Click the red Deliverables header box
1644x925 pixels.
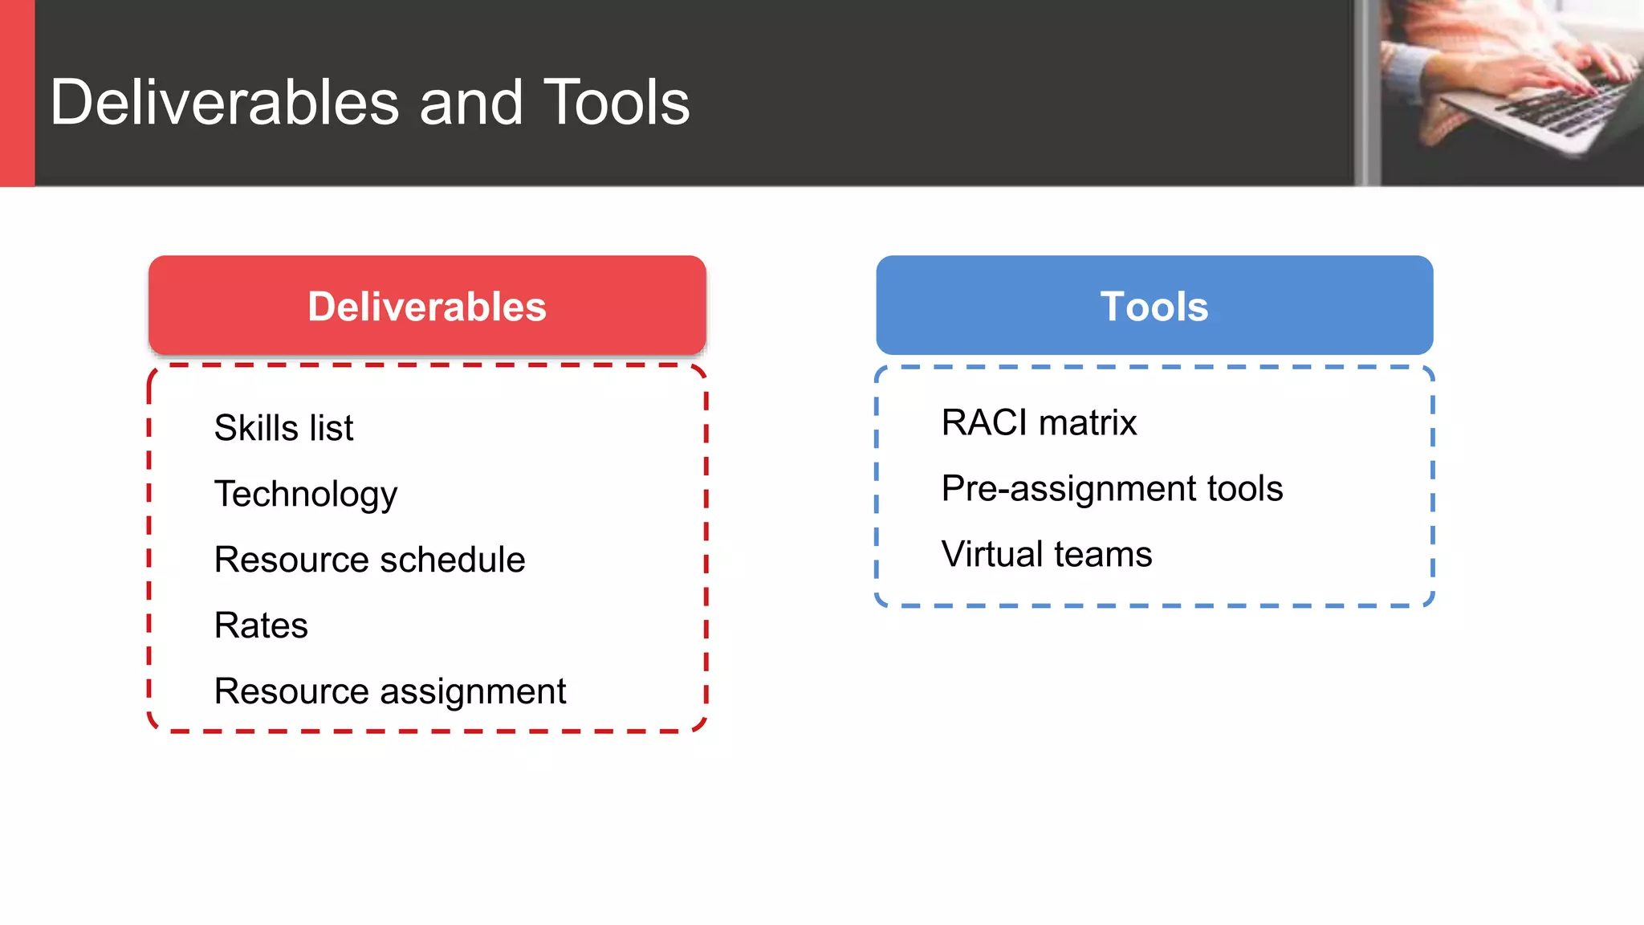[x=427, y=305]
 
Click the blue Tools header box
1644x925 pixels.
[x=1154, y=305]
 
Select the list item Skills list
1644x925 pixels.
[x=283, y=427]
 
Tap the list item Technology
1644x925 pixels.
[x=305, y=494]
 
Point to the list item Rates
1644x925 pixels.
[x=261, y=625]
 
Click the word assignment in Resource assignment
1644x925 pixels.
[x=474, y=692]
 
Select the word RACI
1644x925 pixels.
[x=984, y=422]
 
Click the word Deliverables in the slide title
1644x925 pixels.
[x=225, y=103]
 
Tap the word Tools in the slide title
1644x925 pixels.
[x=616, y=103]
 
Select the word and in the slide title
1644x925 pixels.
[x=471, y=103]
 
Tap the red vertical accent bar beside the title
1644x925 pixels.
[x=17, y=93]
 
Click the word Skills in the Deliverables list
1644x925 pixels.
[x=256, y=427]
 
